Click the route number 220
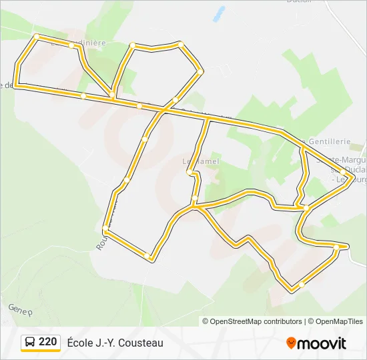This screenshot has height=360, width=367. click(47, 342)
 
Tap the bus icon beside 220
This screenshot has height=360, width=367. click(31, 343)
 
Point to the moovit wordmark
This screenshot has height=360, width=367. click(322, 343)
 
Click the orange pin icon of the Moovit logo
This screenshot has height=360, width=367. click(291, 343)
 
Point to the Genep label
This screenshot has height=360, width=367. click(20, 309)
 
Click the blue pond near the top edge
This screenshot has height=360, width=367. click(218, 13)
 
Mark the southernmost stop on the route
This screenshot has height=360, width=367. click(302, 285)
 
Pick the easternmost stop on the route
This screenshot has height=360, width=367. click(344, 171)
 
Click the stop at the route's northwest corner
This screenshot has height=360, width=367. click(36, 37)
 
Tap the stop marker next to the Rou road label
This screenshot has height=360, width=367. click(105, 231)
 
